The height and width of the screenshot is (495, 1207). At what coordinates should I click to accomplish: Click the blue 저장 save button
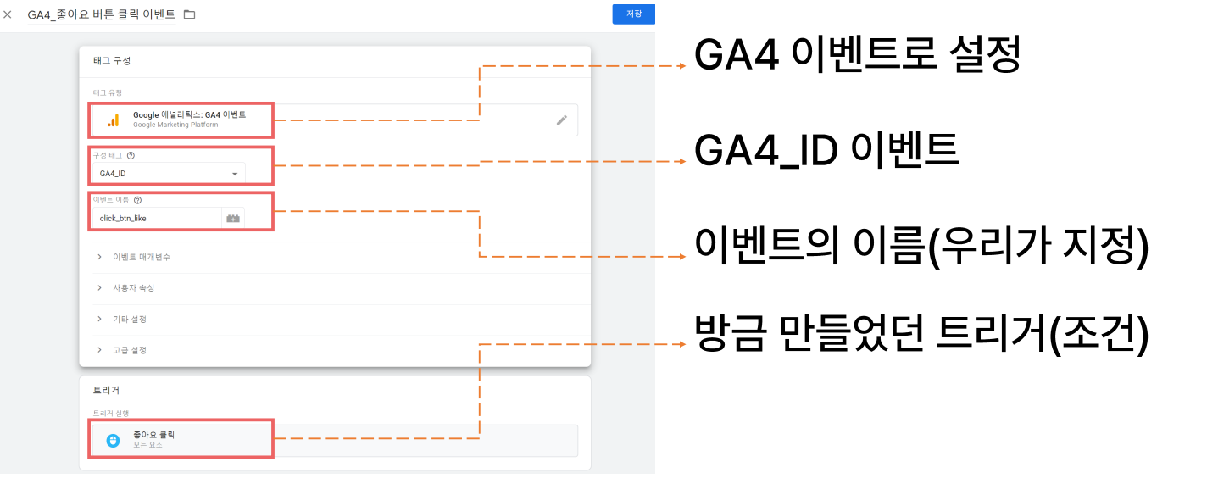[633, 14]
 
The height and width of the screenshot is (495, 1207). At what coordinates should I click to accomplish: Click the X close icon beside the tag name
[8, 14]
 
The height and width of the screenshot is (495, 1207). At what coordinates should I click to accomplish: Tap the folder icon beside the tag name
[189, 14]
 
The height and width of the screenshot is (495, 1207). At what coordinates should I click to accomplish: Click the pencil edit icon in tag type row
[561, 120]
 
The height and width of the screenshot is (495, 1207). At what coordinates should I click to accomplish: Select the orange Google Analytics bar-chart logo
[113, 120]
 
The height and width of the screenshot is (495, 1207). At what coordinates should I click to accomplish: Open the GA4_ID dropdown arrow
[235, 174]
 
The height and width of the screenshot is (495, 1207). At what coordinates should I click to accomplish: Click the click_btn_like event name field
[156, 218]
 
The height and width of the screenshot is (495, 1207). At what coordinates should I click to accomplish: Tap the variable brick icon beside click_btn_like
[232, 218]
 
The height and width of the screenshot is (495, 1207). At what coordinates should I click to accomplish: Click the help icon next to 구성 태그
[131, 155]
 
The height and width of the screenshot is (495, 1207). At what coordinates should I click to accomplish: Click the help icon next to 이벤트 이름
[137, 200]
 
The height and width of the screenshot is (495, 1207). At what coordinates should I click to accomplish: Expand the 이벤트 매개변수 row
[99, 257]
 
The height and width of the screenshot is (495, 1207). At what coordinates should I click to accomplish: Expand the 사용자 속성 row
[99, 288]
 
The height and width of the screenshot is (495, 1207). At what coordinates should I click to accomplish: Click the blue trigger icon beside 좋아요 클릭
[113, 440]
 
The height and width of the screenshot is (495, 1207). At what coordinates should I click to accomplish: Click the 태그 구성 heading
[112, 61]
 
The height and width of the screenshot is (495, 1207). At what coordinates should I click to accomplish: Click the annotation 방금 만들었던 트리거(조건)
[921, 335]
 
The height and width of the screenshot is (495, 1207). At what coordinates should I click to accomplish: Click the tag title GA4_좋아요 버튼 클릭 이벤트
[102, 14]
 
